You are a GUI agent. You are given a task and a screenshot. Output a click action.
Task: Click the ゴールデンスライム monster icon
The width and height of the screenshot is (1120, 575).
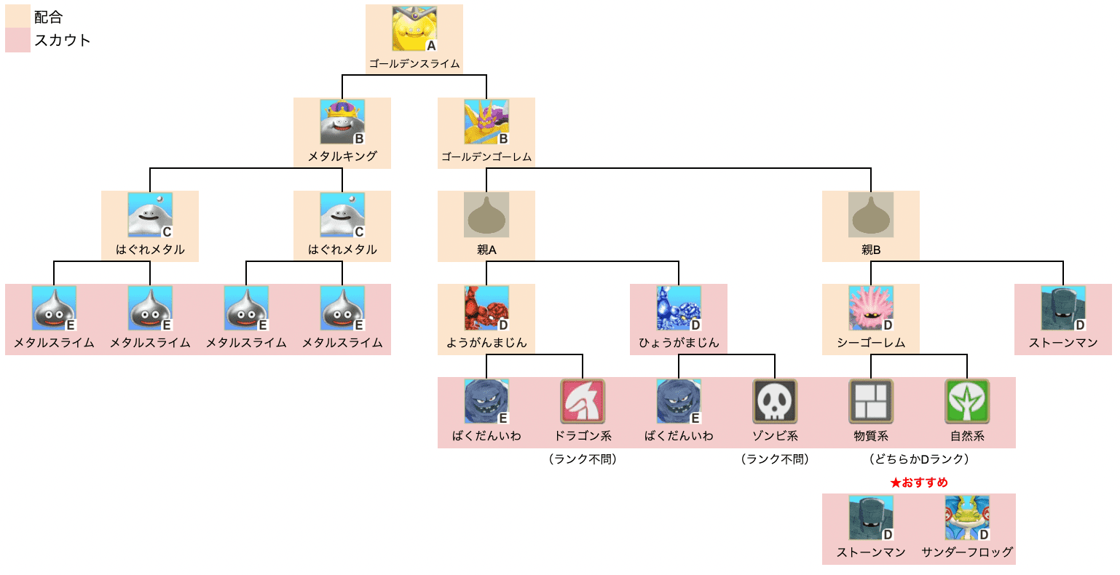414,29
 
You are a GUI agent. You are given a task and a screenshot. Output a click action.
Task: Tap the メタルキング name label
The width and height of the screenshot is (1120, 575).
342,156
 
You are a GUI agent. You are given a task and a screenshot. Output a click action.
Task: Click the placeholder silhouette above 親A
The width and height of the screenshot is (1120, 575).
486,215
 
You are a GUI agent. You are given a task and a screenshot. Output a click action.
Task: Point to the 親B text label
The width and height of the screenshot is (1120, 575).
871,250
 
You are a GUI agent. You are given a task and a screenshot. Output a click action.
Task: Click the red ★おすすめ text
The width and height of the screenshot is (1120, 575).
919,483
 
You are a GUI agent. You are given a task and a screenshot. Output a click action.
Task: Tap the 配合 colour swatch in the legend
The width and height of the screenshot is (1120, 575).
17,17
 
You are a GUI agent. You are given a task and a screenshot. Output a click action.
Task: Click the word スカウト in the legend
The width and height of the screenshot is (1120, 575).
63,41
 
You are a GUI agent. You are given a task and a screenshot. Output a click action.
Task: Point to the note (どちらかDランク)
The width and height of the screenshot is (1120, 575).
919,459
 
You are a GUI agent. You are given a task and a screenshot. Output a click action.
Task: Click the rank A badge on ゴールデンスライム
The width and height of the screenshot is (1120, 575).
431,46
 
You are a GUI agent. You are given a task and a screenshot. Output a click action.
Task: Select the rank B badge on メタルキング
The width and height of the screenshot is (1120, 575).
359,139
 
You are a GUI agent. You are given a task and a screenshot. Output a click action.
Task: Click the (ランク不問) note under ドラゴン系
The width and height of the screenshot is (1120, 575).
583,459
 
